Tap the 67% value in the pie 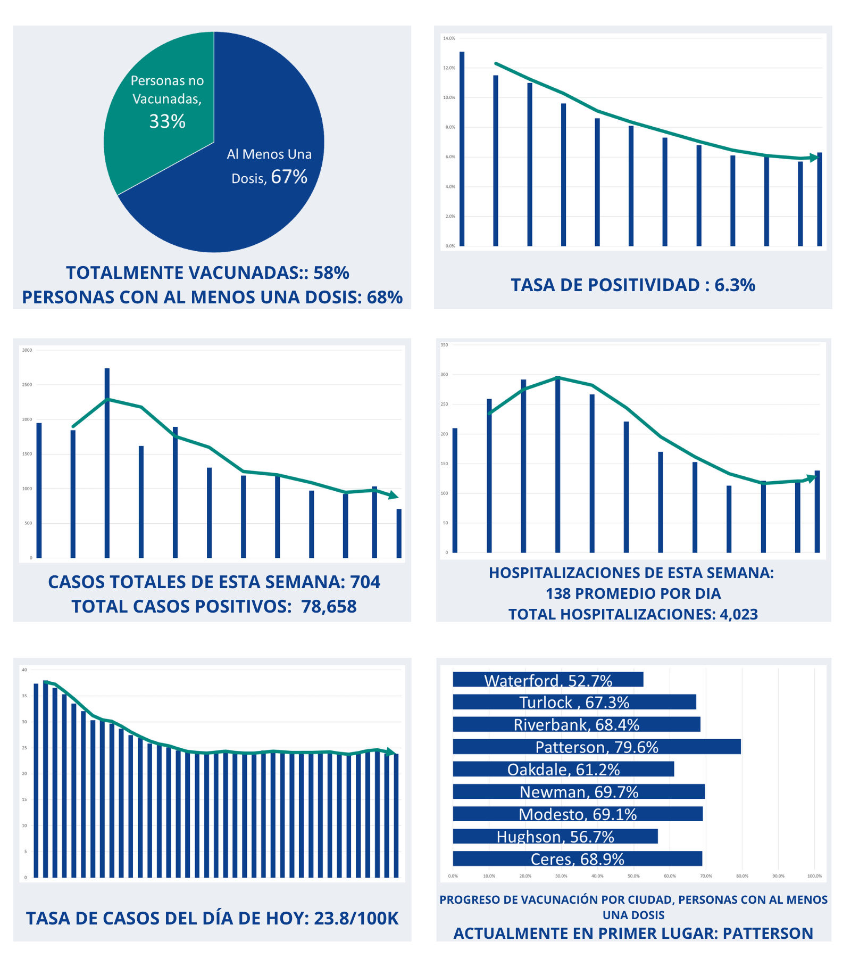click(289, 177)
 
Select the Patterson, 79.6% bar click(596, 747)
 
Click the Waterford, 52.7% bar click(548, 680)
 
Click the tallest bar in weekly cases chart click(107, 463)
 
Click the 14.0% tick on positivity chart click(449, 38)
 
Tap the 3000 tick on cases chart click(27, 350)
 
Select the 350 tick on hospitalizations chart click(444, 345)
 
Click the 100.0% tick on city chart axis click(814, 876)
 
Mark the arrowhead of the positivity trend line click(814, 158)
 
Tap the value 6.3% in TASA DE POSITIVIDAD click(735, 285)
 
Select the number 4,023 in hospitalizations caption click(739, 614)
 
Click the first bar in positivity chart click(462, 149)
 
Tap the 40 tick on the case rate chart click(24, 670)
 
